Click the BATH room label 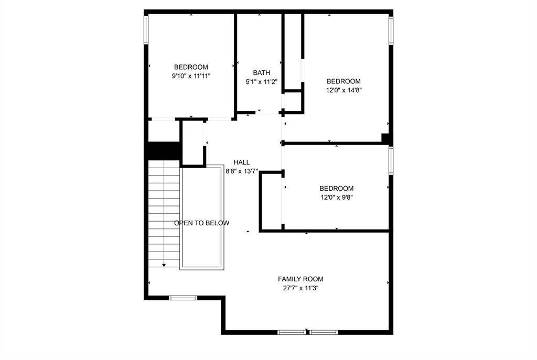[262, 73]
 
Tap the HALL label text [242, 162]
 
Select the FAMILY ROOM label [300, 279]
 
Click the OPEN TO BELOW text [202, 223]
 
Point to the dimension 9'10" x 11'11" [191, 76]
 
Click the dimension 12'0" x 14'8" [343, 90]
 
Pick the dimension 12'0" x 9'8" [337, 198]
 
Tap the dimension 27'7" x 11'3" [300, 288]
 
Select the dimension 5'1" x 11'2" [262, 82]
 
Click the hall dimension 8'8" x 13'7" [242, 171]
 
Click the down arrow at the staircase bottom [164, 265]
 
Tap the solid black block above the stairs [164, 150]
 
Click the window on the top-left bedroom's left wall [146, 31]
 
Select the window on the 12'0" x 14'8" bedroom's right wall [391, 31]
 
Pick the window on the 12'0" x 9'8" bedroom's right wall [391, 160]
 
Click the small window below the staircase [183, 298]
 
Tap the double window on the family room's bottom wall [308, 332]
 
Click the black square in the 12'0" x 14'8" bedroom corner [385, 138]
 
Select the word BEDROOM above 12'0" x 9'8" [337, 189]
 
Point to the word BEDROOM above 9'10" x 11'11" [191, 67]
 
